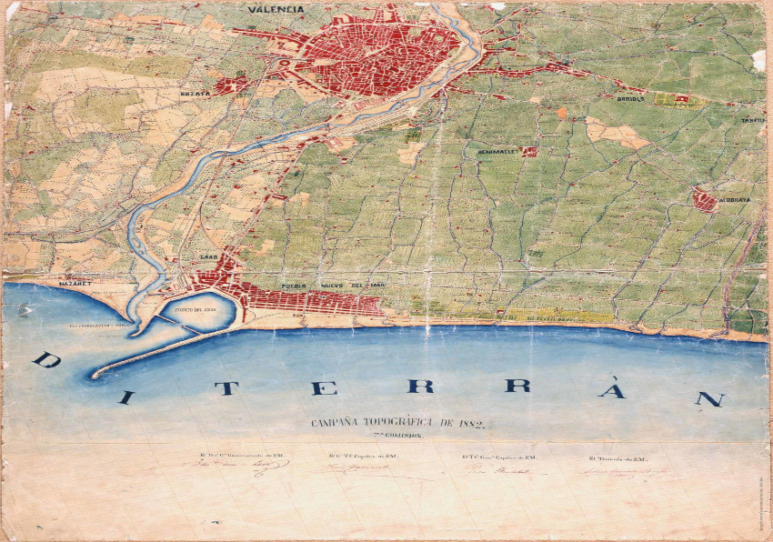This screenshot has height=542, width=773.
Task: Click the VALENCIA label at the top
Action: click(x=276, y=10)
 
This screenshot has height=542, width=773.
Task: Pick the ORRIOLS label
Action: click(x=629, y=98)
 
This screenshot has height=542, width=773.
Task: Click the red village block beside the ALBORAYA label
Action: click(x=704, y=200)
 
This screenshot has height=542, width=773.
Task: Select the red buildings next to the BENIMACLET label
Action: click(x=528, y=152)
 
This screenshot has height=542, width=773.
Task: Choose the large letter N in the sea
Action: click(x=708, y=398)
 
